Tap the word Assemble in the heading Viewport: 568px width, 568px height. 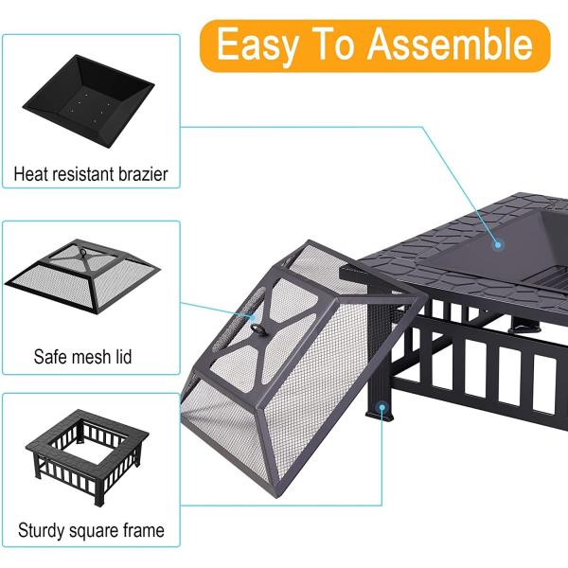pos(451,44)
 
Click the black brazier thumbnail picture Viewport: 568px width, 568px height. pos(88,100)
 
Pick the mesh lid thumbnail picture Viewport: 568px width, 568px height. pos(82,276)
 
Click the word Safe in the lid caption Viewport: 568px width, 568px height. pos(51,357)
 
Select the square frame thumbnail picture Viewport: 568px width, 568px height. pos(87,457)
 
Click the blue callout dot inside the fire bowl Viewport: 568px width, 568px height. pos(498,245)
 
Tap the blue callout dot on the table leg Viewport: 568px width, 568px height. pos(382,407)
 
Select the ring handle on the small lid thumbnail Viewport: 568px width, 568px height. pos(83,252)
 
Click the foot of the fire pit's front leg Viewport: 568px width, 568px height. pos(380,416)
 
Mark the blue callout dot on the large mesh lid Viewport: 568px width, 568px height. pos(253,318)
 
